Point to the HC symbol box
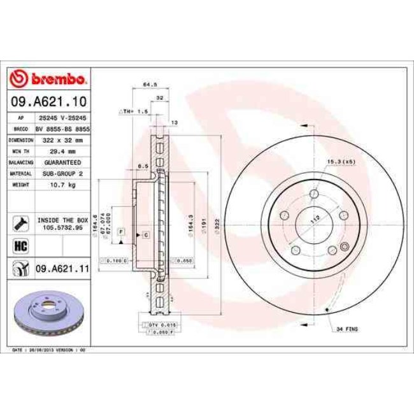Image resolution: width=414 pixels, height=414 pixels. tap(19, 245)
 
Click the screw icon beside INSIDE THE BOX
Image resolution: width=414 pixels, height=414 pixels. tap(19, 222)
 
